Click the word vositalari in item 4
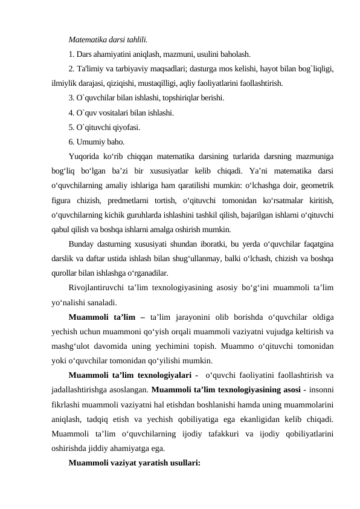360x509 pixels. (x=121, y=112)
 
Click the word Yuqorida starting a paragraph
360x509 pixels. (x=86, y=157)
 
